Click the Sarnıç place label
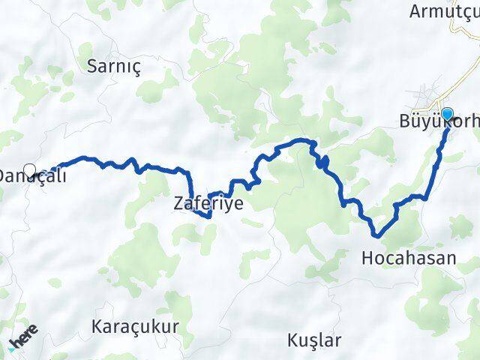pyautogui.click(x=114, y=65)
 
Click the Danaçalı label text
pyautogui.click(x=34, y=177)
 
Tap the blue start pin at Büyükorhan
pyautogui.click(x=447, y=115)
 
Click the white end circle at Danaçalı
pyautogui.click(x=29, y=169)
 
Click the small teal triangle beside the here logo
pyautogui.click(x=12, y=349)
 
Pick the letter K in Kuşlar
pyautogui.click(x=292, y=340)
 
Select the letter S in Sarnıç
pyautogui.click(x=91, y=65)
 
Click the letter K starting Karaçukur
pyautogui.click(x=95, y=327)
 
